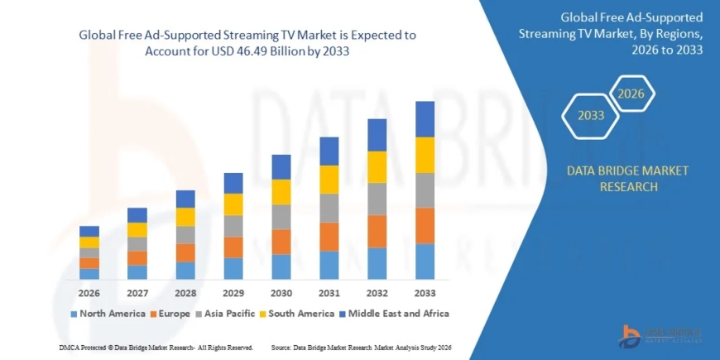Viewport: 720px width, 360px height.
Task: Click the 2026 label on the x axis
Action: click(89, 293)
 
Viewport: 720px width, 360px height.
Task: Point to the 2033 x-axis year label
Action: click(425, 293)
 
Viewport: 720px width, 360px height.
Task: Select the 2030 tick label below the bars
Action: click(281, 293)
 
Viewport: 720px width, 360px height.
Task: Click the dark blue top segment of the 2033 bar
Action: click(425, 118)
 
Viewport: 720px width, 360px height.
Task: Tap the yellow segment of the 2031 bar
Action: click(329, 179)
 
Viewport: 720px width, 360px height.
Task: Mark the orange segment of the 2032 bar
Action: click(377, 231)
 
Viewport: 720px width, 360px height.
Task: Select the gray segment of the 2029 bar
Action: click(233, 226)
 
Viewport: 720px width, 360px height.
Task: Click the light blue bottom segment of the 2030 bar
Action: click(281, 266)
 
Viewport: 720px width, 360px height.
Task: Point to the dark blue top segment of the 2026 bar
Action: click(89, 231)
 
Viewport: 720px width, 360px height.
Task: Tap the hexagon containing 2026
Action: click(631, 94)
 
